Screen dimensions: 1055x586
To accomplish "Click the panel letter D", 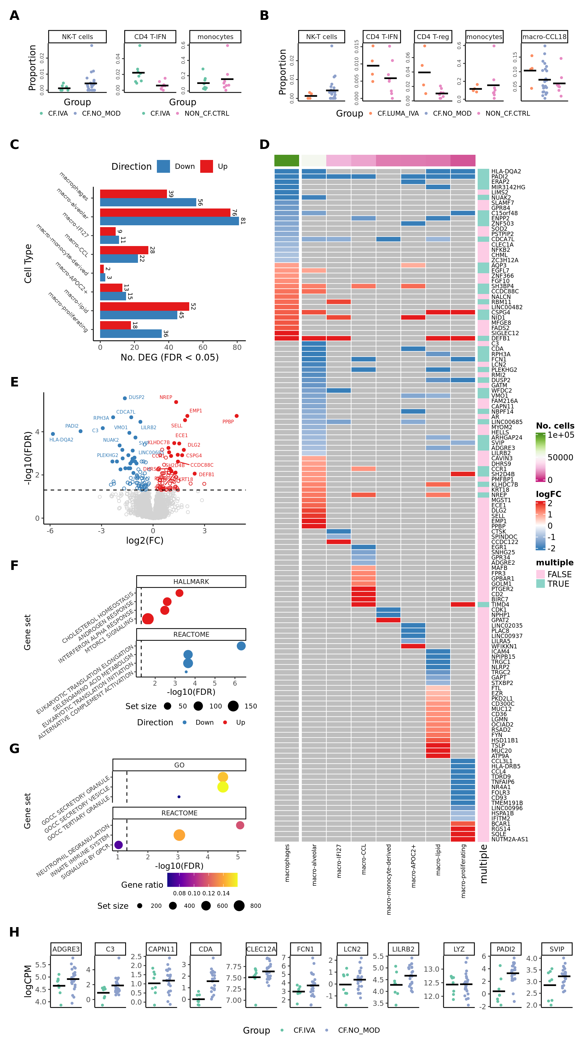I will tap(265, 145).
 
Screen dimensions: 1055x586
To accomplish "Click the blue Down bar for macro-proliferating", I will tap(131, 333).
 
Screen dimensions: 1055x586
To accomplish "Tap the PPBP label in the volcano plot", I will tap(228, 422).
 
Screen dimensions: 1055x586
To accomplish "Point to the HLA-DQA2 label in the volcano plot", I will tap(61, 440).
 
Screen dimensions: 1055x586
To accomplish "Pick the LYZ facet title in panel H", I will tap(459, 949).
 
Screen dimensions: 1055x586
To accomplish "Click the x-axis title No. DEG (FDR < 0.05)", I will tap(169, 357).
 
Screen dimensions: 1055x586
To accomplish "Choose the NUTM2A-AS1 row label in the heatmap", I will tap(509, 839).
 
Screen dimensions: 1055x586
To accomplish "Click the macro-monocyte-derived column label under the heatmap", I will tap(389, 879).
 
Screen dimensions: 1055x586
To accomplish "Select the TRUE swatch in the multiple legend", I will tap(541, 584).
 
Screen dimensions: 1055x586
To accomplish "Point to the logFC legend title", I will tap(548, 494).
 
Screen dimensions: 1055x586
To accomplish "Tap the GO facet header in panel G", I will tap(179, 765).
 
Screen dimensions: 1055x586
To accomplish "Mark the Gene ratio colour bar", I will tap(202, 880).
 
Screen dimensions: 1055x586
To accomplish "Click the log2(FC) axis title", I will tap(145, 540).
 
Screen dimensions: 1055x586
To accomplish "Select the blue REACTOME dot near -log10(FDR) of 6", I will tap(241, 646).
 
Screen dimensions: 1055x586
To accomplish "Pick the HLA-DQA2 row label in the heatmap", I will tap(506, 172).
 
